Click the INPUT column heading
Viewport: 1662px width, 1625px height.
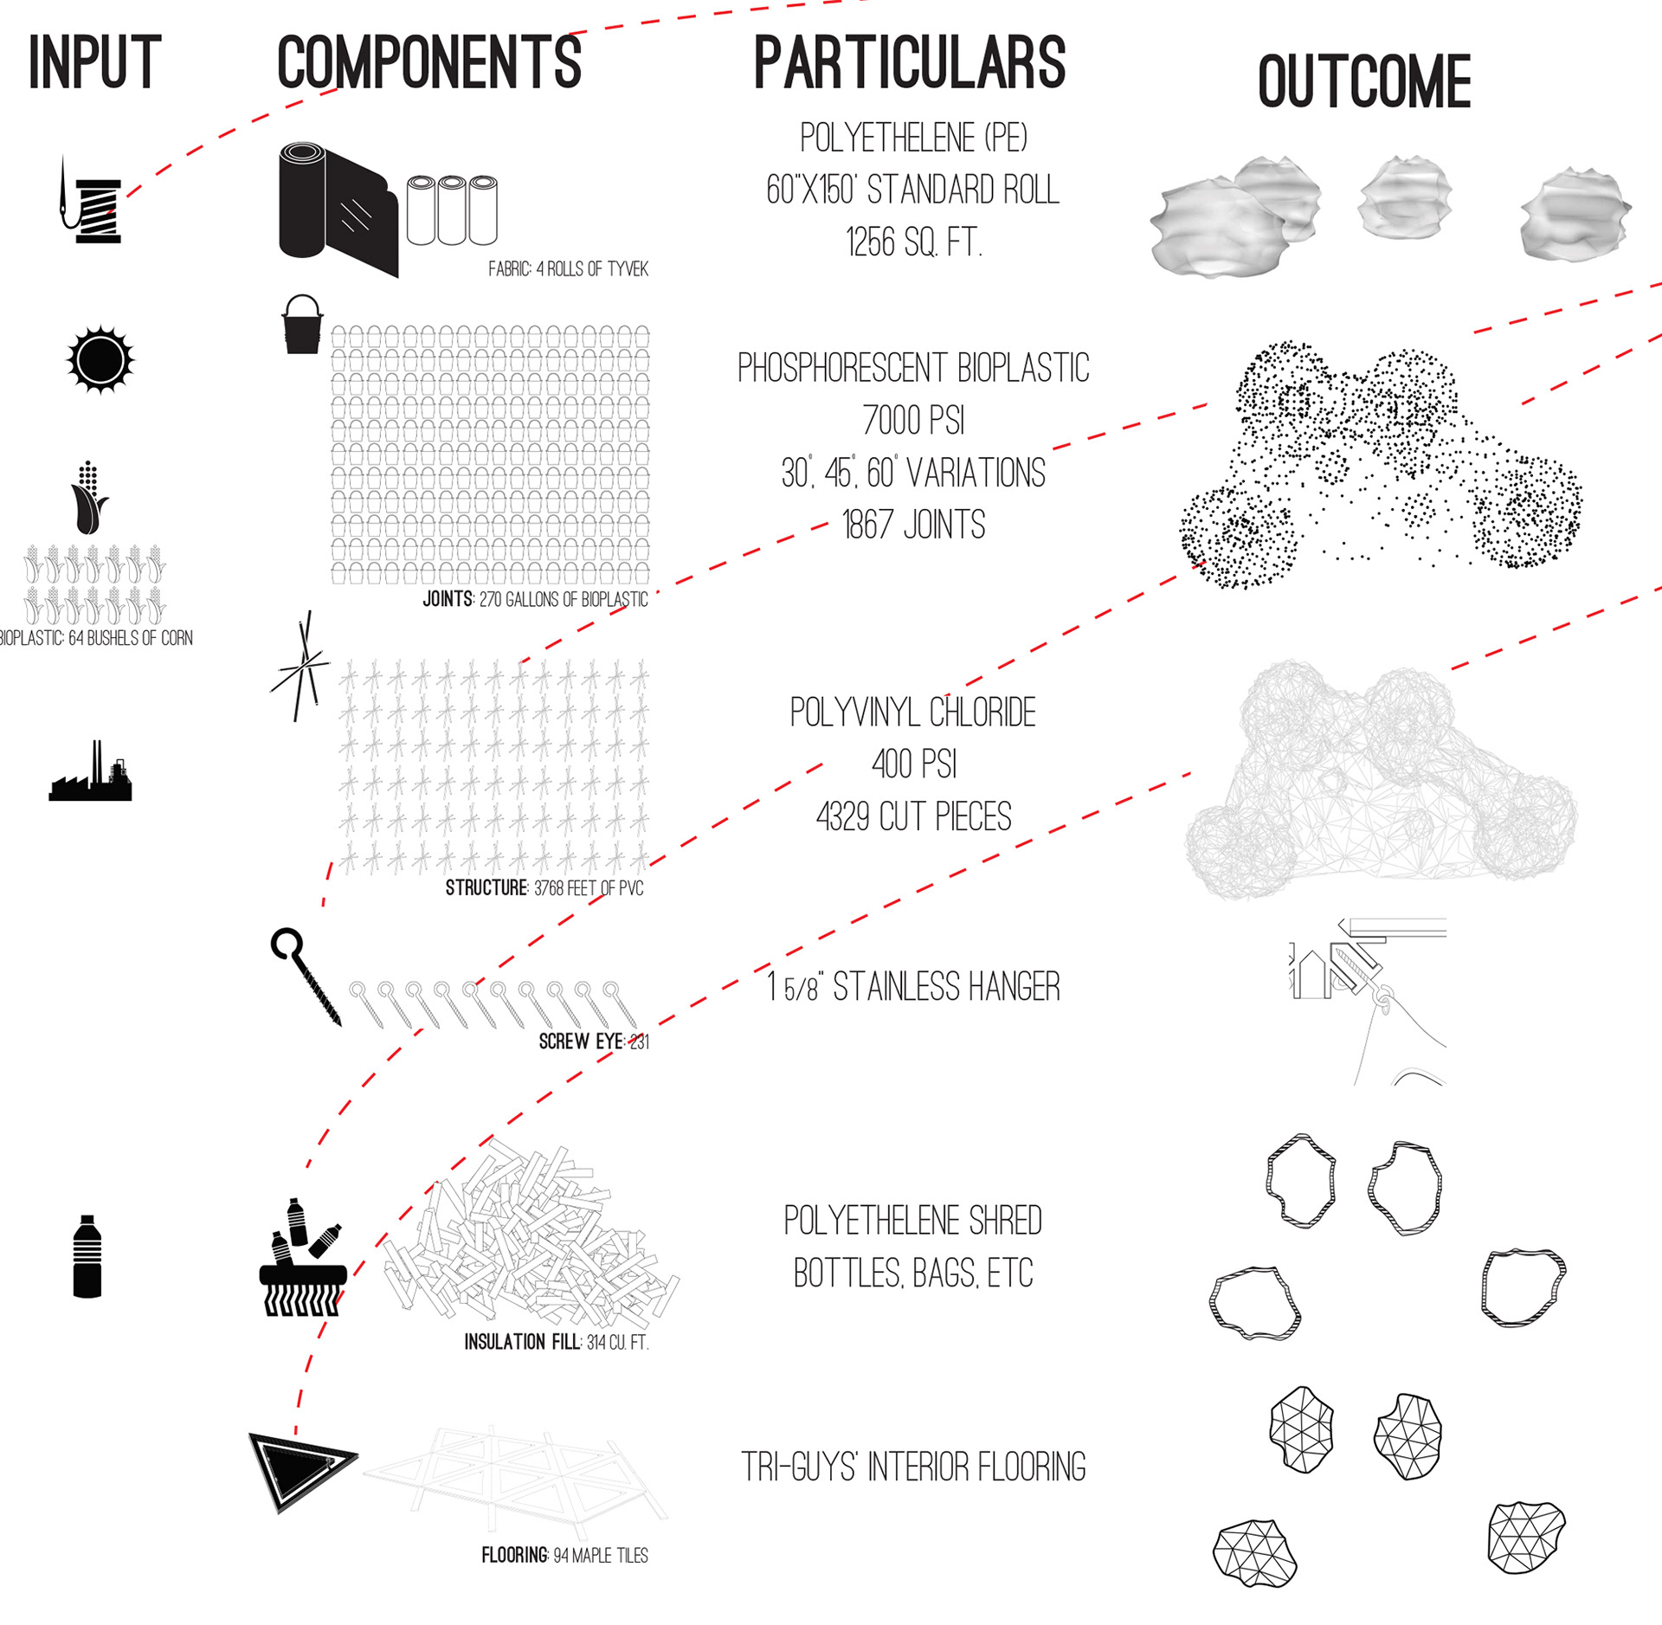[94, 62]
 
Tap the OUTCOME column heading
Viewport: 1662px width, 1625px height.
[1363, 82]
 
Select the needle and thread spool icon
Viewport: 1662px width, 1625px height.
[93, 202]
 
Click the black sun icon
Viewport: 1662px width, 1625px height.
[100, 359]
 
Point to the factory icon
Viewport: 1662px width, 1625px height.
[91, 772]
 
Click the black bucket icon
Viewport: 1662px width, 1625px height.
[302, 325]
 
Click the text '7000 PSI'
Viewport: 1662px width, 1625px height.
[913, 421]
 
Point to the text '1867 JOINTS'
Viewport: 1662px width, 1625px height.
[913, 525]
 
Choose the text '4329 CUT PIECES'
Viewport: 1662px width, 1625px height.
[913, 816]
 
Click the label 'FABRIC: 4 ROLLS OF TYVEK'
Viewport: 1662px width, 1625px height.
[568, 269]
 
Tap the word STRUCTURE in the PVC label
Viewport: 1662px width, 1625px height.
[486, 888]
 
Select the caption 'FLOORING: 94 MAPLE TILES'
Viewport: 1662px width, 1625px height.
[564, 1555]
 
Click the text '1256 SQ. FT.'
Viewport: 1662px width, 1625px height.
[913, 242]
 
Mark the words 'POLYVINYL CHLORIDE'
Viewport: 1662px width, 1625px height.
[913, 713]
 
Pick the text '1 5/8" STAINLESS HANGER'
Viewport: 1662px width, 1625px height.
[913, 986]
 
